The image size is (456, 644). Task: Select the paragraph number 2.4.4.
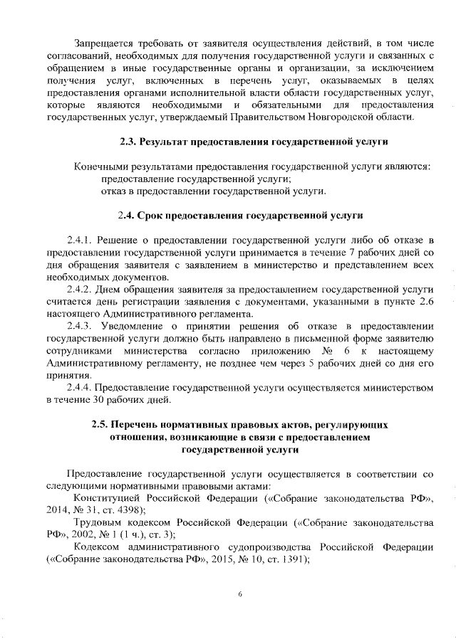(x=81, y=388)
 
